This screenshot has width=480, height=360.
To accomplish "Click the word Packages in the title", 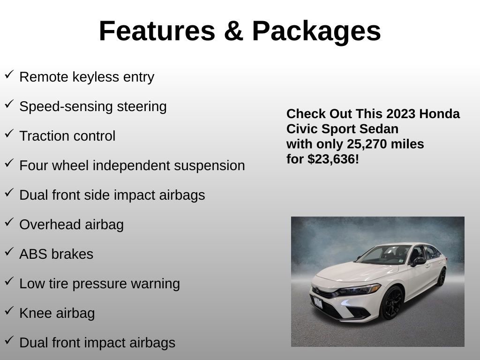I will [316, 31].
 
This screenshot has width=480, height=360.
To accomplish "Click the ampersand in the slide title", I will [233, 31].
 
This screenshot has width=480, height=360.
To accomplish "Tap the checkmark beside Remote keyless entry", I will [9, 74].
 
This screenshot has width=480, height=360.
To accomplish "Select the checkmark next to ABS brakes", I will [9, 251].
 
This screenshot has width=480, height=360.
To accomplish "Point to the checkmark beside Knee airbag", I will [9, 310].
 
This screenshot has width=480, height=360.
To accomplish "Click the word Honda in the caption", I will [439, 114].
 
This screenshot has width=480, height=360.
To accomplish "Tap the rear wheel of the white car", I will [441, 277].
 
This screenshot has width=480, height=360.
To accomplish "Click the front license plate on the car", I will [318, 302].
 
